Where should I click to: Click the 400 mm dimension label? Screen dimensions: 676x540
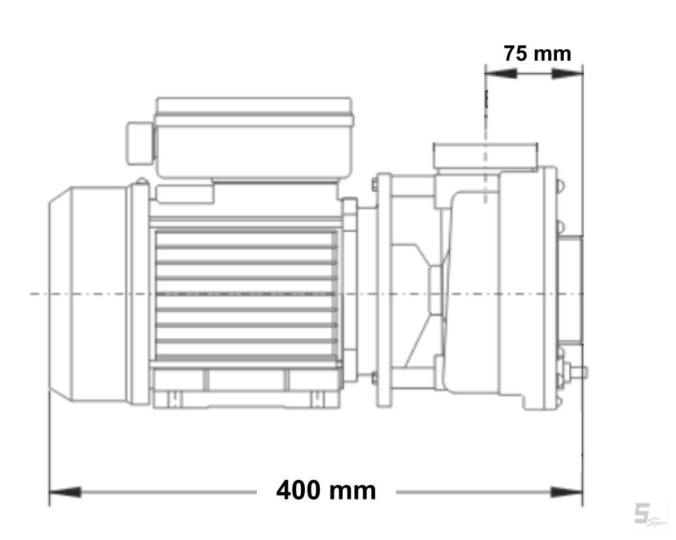326,491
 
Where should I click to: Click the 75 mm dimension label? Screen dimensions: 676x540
537,54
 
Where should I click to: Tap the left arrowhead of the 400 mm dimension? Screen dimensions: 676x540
65,492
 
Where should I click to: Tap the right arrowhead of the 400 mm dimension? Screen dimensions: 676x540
566,492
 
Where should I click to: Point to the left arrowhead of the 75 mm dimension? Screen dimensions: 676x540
500,74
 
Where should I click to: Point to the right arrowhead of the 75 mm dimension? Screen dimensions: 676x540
567,74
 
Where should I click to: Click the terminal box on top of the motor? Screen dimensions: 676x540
254,138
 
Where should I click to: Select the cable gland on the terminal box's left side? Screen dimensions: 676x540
140,143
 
